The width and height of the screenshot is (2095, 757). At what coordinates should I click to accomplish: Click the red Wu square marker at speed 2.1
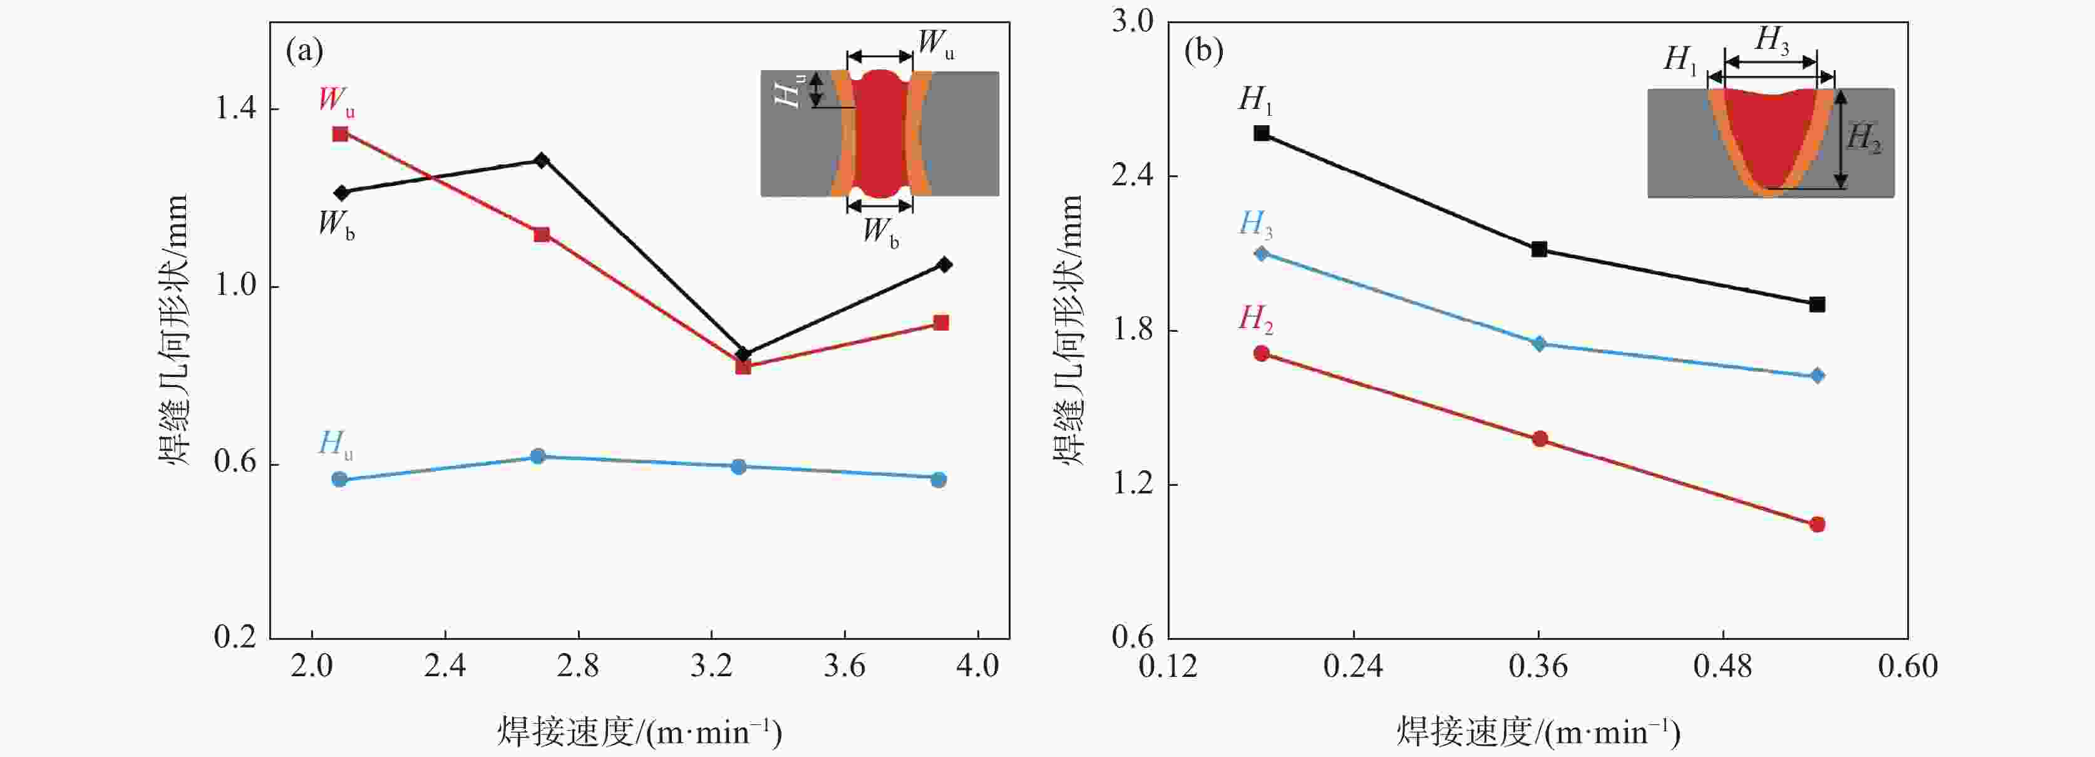[x=340, y=133]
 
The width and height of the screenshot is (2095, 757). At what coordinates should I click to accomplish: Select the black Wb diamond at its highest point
[x=542, y=160]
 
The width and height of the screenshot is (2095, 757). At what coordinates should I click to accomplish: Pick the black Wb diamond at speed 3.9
[x=944, y=264]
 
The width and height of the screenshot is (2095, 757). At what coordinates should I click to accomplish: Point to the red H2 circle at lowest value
[x=1818, y=525]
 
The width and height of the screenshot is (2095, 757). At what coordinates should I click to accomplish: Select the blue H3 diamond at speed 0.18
[x=1262, y=254]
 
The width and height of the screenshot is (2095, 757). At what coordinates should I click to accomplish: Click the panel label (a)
[x=304, y=51]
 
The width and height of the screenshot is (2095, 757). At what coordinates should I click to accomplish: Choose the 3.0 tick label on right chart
[x=1133, y=22]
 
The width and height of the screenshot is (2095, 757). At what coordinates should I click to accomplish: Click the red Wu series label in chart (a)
[x=336, y=101]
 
